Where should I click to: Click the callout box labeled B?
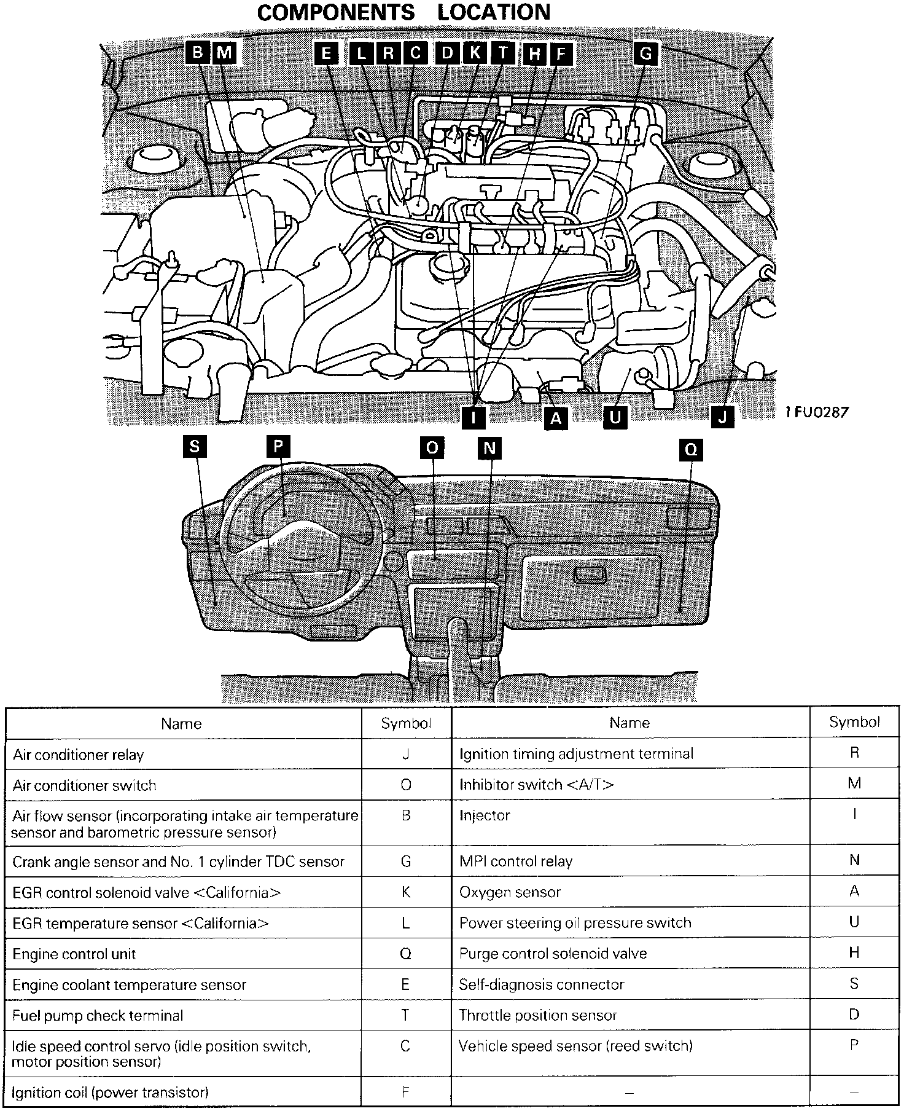pyautogui.click(x=197, y=53)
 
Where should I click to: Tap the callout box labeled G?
pyautogui.click(x=645, y=53)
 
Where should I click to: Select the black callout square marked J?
pyautogui.click(x=723, y=417)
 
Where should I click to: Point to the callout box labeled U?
pyautogui.click(x=615, y=417)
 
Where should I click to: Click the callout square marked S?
pyautogui.click(x=195, y=447)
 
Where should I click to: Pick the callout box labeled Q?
pyautogui.click(x=691, y=450)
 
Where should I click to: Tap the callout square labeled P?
pyautogui.click(x=278, y=447)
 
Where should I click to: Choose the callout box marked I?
pyautogui.click(x=474, y=417)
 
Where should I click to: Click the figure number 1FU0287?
pyautogui.click(x=817, y=412)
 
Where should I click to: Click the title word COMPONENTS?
pyautogui.click(x=336, y=12)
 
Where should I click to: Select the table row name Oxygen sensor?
pyautogui.click(x=510, y=892)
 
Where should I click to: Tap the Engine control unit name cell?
pyautogui.click(x=74, y=954)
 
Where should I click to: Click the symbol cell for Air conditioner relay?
pyautogui.click(x=405, y=754)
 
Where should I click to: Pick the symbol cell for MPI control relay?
pyautogui.click(x=854, y=860)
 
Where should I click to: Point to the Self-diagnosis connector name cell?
pyautogui.click(x=541, y=984)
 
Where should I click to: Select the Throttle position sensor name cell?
pyautogui.click(x=537, y=1015)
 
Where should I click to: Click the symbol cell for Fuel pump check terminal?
pyautogui.click(x=405, y=1015)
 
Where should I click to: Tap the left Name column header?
pyautogui.click(x=181, y=723)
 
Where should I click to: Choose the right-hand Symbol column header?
pyautogui.click(x=854, y=722)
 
